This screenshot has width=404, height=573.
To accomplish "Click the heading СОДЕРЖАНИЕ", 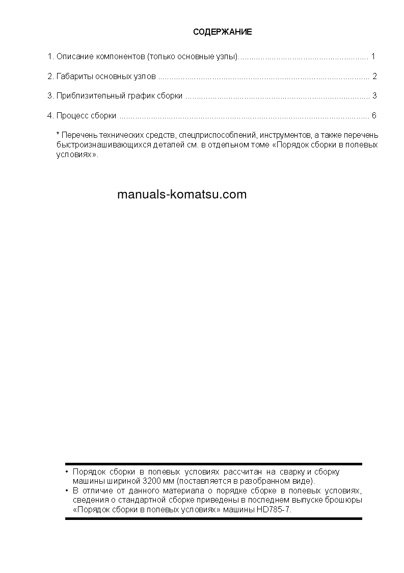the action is [x=222, y=32].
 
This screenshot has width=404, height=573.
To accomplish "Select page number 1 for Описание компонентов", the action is [x=373, y=56].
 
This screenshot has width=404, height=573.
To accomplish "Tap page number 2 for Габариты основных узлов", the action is [x=374, y=77].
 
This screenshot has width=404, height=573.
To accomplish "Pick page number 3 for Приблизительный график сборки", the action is [x=374, y=95].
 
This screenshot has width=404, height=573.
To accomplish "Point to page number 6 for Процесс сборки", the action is [x=374, y=115].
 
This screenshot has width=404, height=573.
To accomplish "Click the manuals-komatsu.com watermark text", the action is [x=182, y=194].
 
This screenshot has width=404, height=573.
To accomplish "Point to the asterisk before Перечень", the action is [x=58, y=134].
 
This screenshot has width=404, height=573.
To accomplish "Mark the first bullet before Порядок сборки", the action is [x=67, y=472].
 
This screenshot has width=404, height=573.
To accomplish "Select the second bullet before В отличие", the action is [x=67, y=490].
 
